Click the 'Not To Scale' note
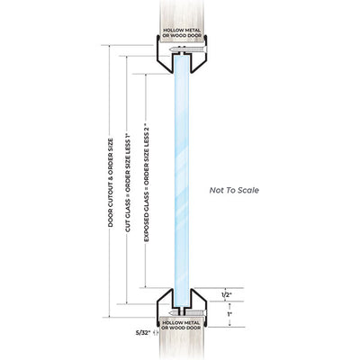234,190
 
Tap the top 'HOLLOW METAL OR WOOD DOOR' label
182,32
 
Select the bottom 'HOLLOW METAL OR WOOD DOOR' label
181,325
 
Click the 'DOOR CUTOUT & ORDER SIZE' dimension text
111,183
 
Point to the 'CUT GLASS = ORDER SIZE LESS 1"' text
128,183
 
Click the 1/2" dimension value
227,295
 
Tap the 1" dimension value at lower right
229,314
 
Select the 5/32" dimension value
143,332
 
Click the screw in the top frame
188,49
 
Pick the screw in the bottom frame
188,313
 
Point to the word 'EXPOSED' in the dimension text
146,229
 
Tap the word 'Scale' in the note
248,190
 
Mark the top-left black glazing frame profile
165,54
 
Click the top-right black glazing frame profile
199,54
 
